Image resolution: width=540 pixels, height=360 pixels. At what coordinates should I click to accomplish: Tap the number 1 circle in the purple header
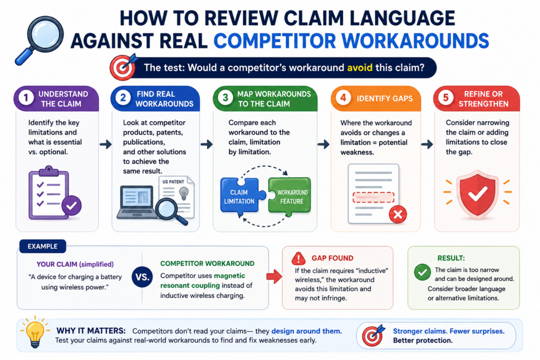tap(26, 98)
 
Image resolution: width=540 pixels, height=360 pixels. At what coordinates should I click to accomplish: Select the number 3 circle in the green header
tap(225, 98)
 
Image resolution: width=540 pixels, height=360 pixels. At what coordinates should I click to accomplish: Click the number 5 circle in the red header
tap(446, 98)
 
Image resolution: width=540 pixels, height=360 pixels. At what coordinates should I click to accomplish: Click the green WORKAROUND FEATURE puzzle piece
tap(290, 197)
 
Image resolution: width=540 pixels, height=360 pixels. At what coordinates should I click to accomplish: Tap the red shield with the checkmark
tap(477, 194)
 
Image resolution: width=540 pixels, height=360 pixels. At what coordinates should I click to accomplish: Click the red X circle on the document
tap(398, 215)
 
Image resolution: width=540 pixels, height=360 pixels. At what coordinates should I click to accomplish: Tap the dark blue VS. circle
tap(142, 277)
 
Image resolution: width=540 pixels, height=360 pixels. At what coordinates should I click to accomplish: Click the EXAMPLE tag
tap(43, 247)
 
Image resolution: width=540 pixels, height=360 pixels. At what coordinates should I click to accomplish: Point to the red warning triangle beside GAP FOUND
tap(298, 258)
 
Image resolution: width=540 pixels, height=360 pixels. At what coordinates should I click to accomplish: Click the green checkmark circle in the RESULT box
tap(422, 272)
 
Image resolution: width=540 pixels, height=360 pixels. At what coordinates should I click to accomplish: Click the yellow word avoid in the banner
tap(360, 67)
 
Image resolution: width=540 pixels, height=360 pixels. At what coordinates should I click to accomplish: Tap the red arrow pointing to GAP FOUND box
tap(274, 276)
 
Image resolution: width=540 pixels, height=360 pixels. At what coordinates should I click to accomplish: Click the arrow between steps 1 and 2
tap(105, 144)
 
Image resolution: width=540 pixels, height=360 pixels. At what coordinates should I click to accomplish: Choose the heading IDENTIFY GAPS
tap(384, 99)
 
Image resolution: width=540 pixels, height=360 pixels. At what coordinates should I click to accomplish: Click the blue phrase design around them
tap(306, 331)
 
